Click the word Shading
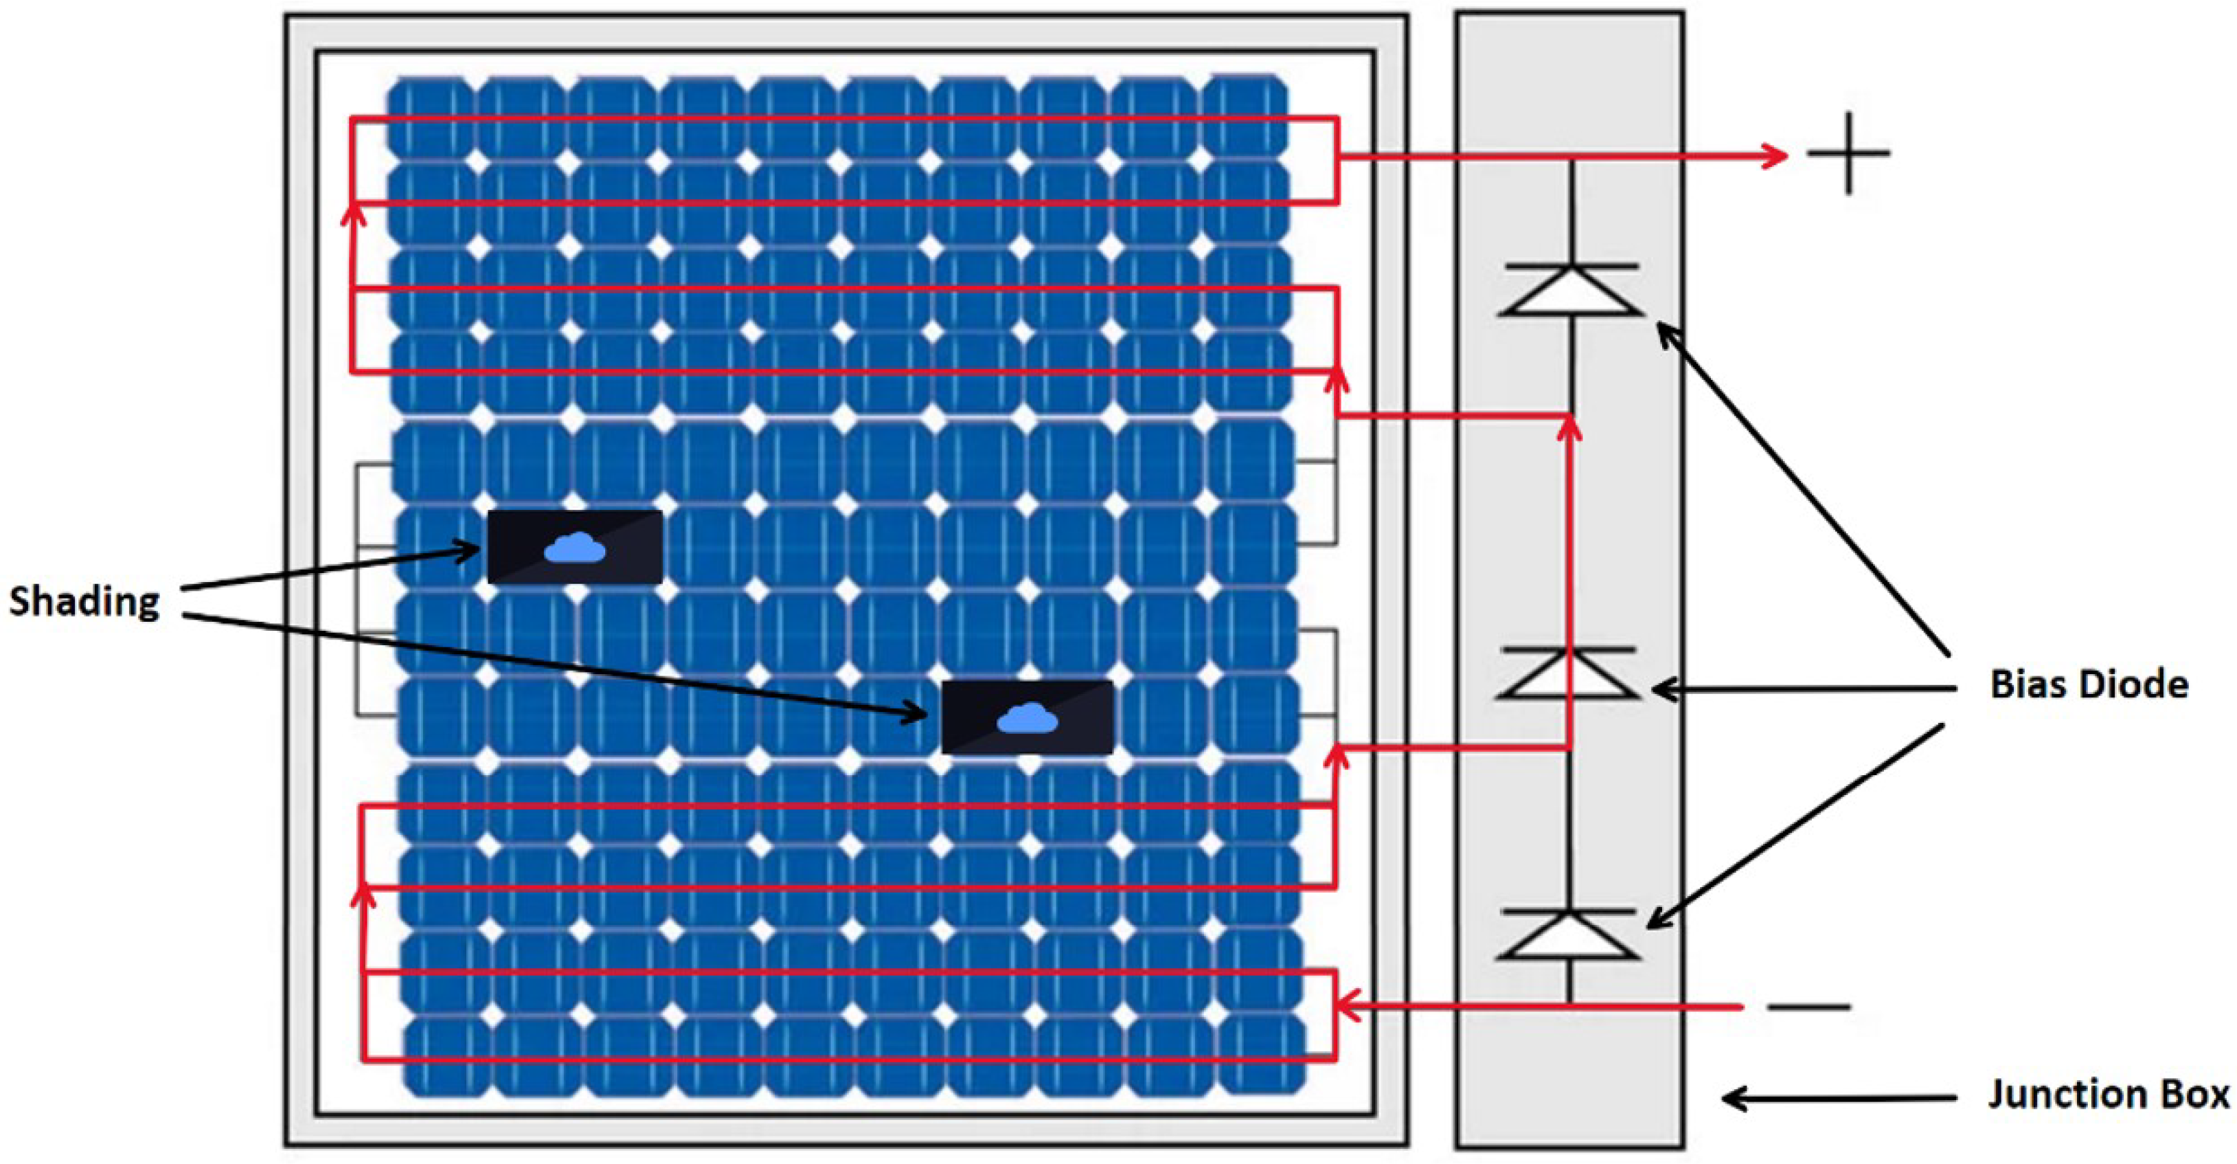click(84, 602)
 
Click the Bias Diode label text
click(2089, 685)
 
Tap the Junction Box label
click(2109, 1095)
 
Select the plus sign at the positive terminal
click(1849, 154)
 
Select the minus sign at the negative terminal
click(1809, 1007)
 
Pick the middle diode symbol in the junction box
click(1568, 673)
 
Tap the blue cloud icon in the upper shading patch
click(575, 549)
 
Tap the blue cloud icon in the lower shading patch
click(1027, 719)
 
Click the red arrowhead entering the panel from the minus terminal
click(1348, 1007)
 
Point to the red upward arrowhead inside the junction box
click(1568, 429)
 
